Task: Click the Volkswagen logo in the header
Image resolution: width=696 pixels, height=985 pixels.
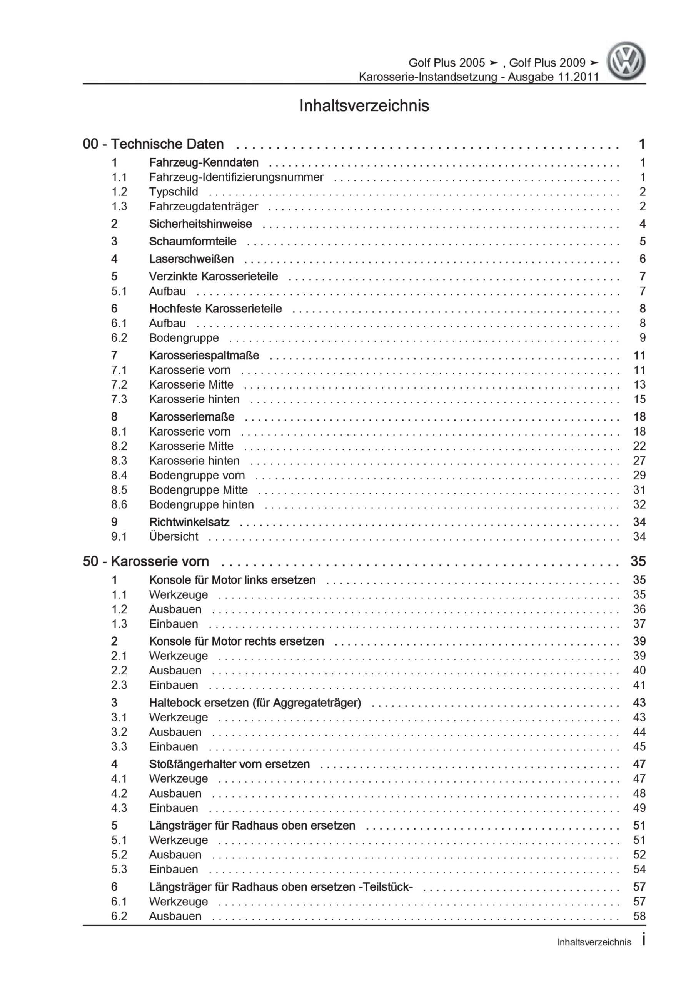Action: pyautogui.click(x=626, y=61)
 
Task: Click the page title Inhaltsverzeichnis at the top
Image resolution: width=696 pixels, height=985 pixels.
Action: pyautogui.click(x=364, y=105)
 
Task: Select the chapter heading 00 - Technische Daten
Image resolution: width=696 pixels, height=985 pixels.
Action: pyautogui.click(x=153, y=144)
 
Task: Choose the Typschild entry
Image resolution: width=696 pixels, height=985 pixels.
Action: pyautogui.click(x=174, y=192)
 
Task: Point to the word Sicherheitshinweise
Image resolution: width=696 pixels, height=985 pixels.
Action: pyautogui.click(x=200, y=224)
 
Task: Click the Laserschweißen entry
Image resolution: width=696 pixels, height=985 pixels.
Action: pyautogui.click(x=191, y=259)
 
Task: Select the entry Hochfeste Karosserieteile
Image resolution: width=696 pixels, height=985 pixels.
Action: pyautogui.click(x=215, y=309)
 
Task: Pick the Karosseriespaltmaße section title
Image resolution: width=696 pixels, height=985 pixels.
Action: pyautogui.click(x=204, y=355)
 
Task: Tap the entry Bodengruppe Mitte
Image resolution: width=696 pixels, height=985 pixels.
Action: pyautogui.click(x=198, y=490)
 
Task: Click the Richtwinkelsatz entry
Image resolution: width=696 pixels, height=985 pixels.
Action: pyautogui.click(x=189, y=522)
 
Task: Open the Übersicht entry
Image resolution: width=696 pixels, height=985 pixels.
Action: pyautogui.click(x=174, y=537)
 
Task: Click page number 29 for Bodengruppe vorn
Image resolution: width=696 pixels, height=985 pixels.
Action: pyautogui.click(x=639, y=475)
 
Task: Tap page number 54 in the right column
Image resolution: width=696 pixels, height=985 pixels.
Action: pyautogui.click(x=639, y=869)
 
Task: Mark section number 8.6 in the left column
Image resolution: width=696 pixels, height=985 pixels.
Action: pyautogui.click(x=119, y=504)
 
